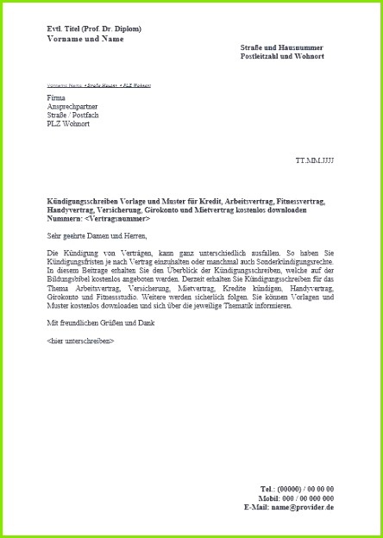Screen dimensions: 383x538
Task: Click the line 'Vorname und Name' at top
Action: [85, 39]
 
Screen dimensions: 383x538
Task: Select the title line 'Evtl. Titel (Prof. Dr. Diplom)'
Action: [94, 28]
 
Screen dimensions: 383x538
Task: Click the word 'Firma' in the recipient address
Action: [55, 98]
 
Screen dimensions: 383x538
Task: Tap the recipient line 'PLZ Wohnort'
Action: [68, 124]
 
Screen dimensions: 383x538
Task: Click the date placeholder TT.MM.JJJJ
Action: [314, 161]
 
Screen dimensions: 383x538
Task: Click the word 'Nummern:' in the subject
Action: [65, 219]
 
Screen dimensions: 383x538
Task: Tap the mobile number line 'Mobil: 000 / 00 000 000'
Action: [296, 498]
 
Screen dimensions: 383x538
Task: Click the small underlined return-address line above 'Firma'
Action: [92, 86]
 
